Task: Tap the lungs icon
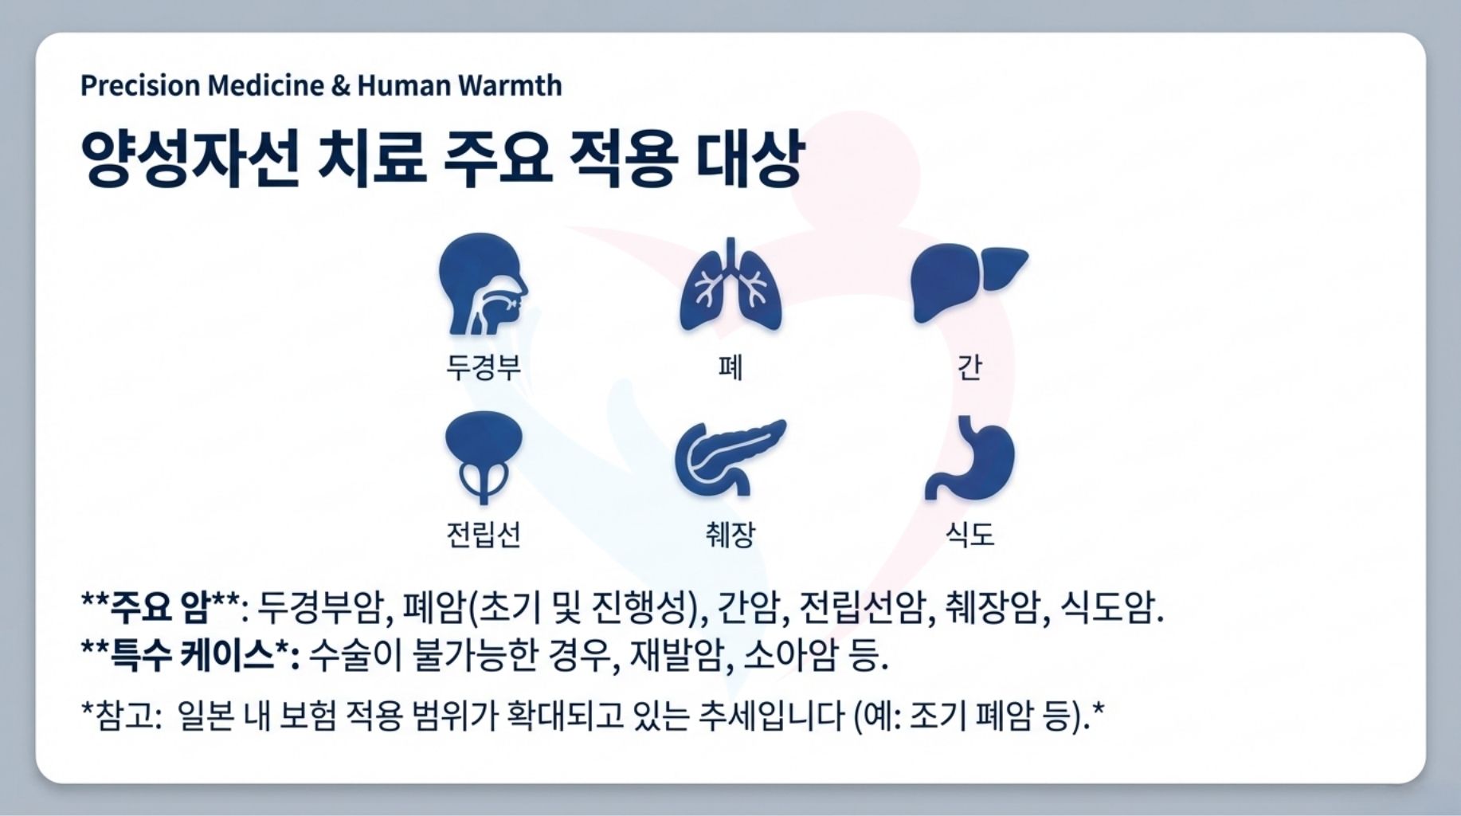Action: pos(730,287)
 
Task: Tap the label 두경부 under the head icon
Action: pos(484,367)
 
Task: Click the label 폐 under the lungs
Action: pos(730,367)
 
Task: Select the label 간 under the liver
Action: pos(969,367)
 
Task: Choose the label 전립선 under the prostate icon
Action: pos(484,534)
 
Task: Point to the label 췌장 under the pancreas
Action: pos(730,534)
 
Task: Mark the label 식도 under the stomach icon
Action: pos(969,534)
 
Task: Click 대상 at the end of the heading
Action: pos(750,159)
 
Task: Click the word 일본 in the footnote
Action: pos(205,716)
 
